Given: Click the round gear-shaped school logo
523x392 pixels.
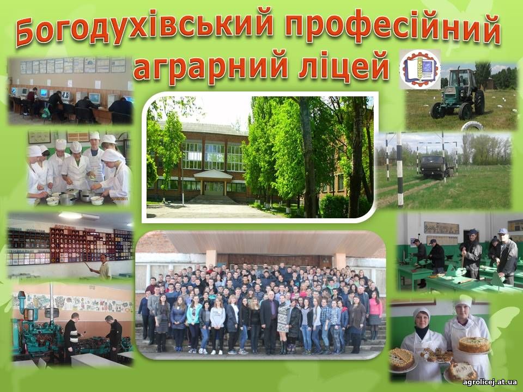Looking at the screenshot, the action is (x=419, y=69).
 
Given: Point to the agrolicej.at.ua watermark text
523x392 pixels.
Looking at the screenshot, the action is (x=490, y=382).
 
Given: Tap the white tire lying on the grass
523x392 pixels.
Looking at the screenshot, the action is (x=471, y=126).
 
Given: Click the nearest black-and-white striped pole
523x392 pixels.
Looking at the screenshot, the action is (x=399, y=170).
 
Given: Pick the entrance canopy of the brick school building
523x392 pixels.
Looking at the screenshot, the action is (x=213, y=175).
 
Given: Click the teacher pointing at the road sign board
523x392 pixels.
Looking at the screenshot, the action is (x=104, y=267).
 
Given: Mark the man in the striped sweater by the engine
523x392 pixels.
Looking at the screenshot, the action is (x=72, y=337).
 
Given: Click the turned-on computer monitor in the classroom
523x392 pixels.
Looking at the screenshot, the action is (x=94, y=97).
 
